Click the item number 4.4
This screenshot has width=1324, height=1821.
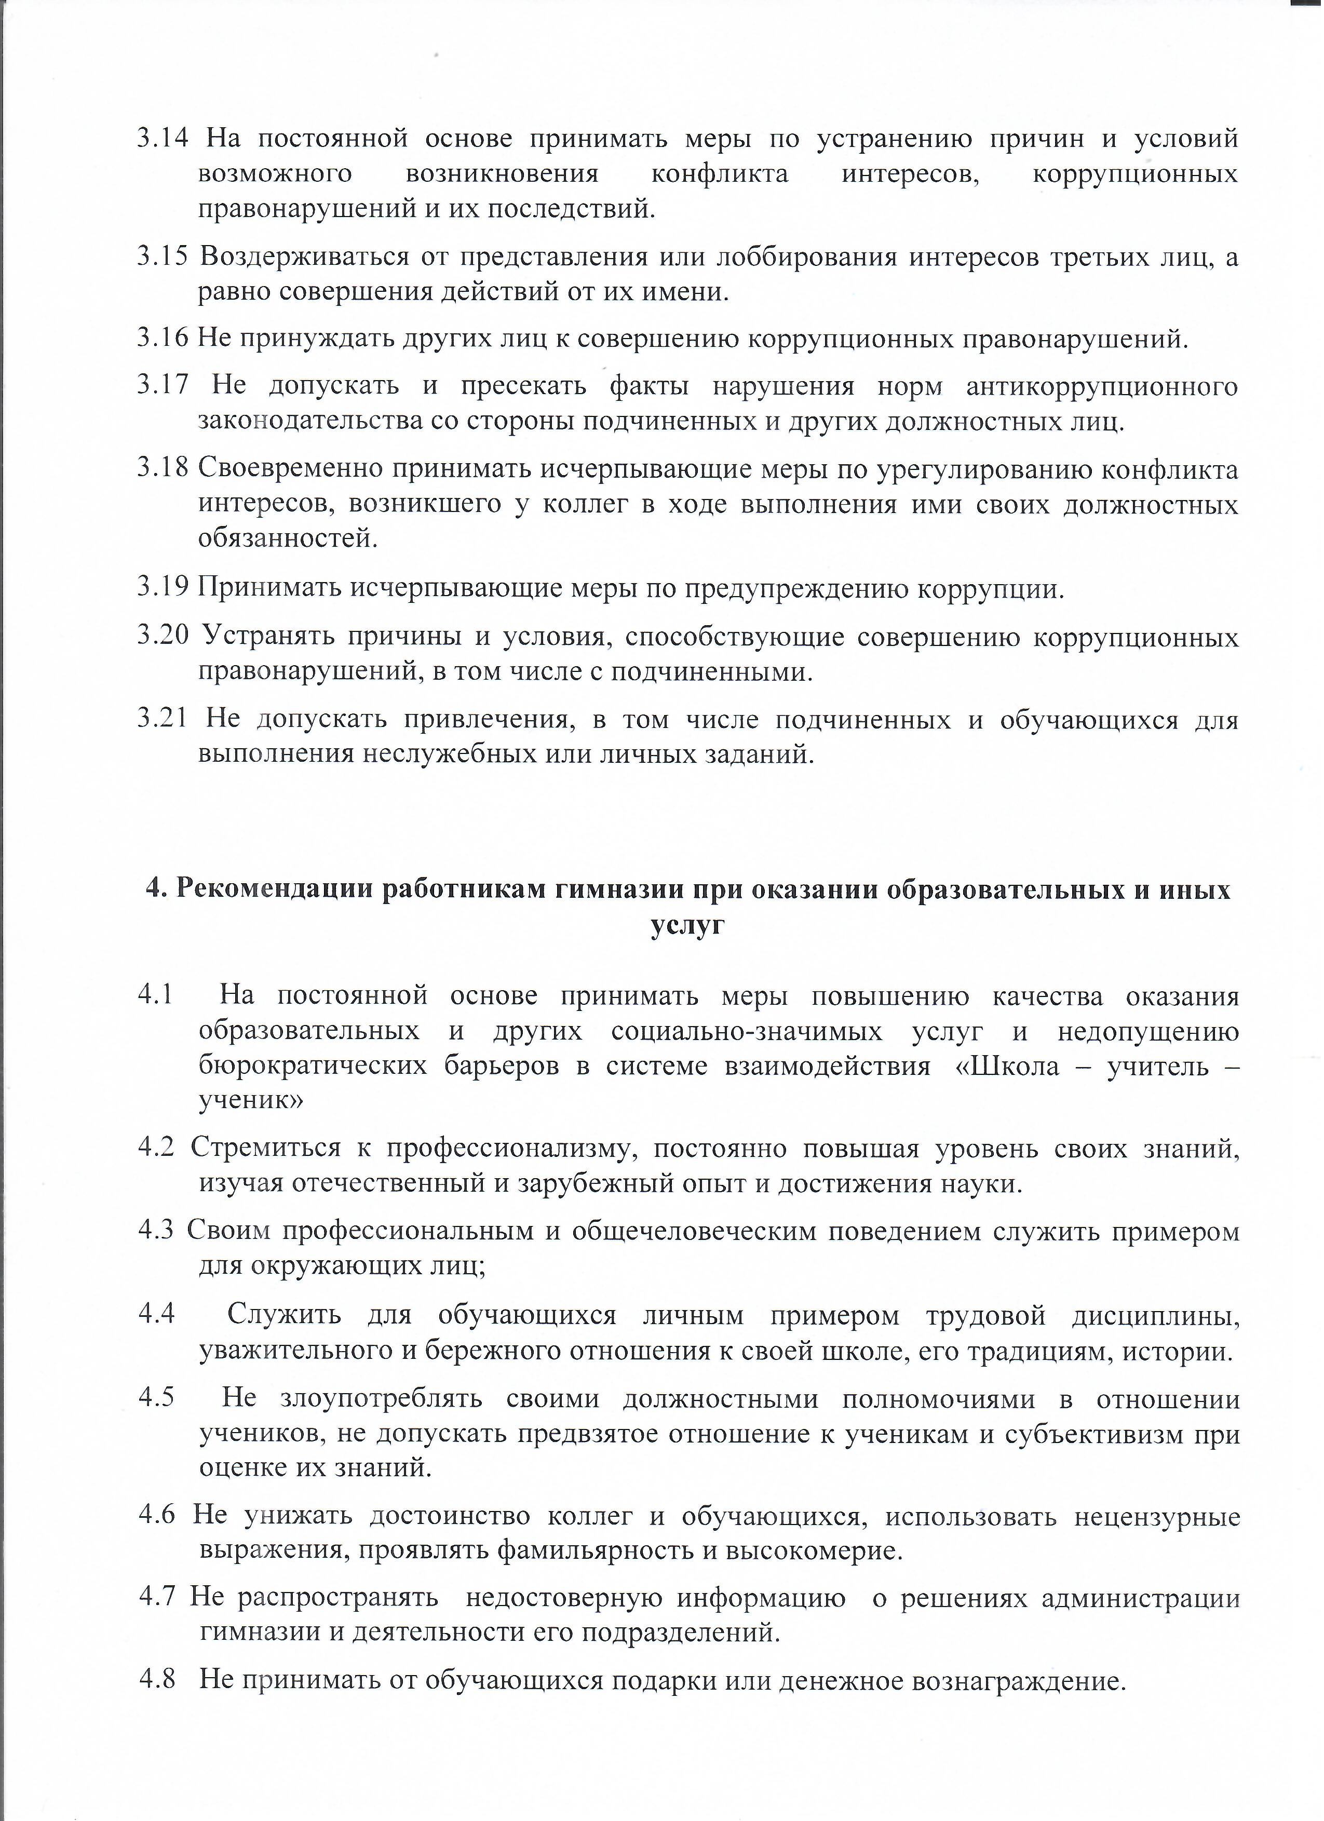(157, 1314)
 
